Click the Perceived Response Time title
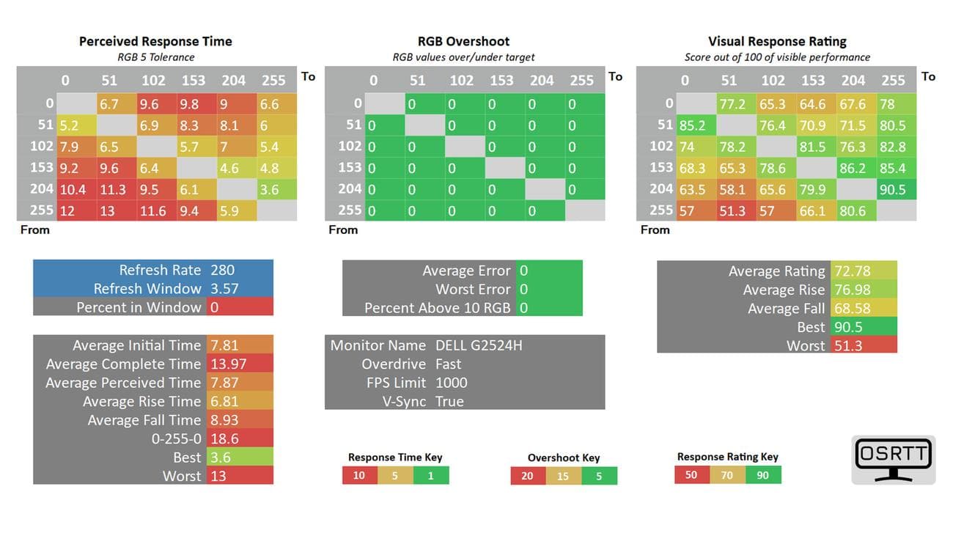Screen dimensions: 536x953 156,42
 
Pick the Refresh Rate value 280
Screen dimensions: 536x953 222,270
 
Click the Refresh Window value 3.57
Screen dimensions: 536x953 224,289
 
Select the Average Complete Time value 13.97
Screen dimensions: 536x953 228,364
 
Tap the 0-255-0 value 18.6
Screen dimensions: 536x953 224,439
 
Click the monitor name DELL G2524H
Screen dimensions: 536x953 479,345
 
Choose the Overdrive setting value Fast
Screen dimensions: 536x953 448,364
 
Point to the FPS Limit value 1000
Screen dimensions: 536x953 451,383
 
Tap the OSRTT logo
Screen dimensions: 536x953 893,459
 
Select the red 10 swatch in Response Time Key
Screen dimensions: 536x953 359,475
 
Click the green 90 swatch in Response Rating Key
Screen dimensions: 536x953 763,474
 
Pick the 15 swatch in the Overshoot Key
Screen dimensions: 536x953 563,476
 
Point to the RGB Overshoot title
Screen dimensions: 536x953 463,42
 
